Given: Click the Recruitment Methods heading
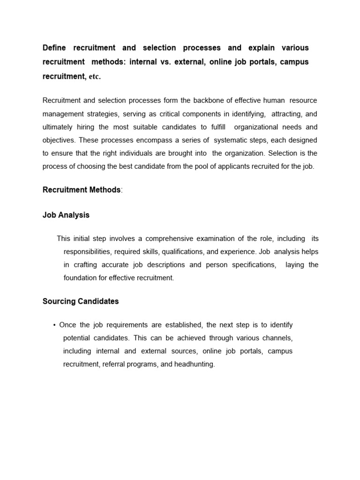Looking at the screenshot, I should (x=82, y=190).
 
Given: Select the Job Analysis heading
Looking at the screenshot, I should (x=66, y=215).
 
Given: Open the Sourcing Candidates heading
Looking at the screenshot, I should (x=81, y=301).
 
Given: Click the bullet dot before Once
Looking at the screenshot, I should (x=55, y=325).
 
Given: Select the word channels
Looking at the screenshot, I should (x=277, y=338).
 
